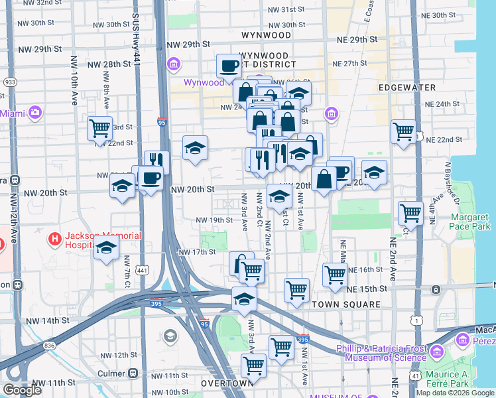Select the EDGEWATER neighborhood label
407,88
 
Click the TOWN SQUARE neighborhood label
346,304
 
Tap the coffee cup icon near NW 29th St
229,66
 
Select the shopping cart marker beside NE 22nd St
403,132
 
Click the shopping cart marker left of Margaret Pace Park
410,214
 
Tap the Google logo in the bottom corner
23,390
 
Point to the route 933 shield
10,82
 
